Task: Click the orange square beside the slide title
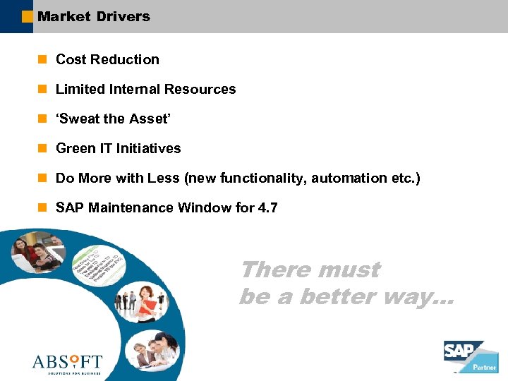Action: tap(27, 16)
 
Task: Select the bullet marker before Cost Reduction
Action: tap(42, 59)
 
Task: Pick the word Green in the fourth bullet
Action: tap(74, 149)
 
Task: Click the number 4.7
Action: tap(268, 208)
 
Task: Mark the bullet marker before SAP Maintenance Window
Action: tap(42, 207)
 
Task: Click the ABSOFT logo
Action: tap(67, 363)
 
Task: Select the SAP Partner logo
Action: tap(470, 356)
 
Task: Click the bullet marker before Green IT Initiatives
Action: tap(42, 148)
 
